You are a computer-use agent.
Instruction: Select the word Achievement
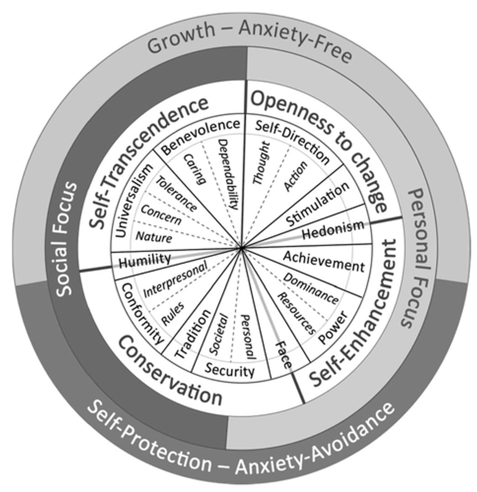click(x=324, y=261)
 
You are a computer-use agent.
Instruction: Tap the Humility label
click(x=145, y=260)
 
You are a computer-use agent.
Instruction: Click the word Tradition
click(x=193, y=334)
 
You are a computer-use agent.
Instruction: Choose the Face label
click(x=284, y=355)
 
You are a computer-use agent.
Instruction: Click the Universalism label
click(x=134, y=200)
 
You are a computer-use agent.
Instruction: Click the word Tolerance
click(x=177, y=194)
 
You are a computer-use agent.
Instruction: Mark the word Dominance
click(x=311, y=288)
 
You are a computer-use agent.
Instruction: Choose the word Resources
click(x=296, y=313)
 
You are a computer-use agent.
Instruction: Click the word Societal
click(x=219, y=334)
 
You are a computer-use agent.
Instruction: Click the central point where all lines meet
click(x=241, y=249)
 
